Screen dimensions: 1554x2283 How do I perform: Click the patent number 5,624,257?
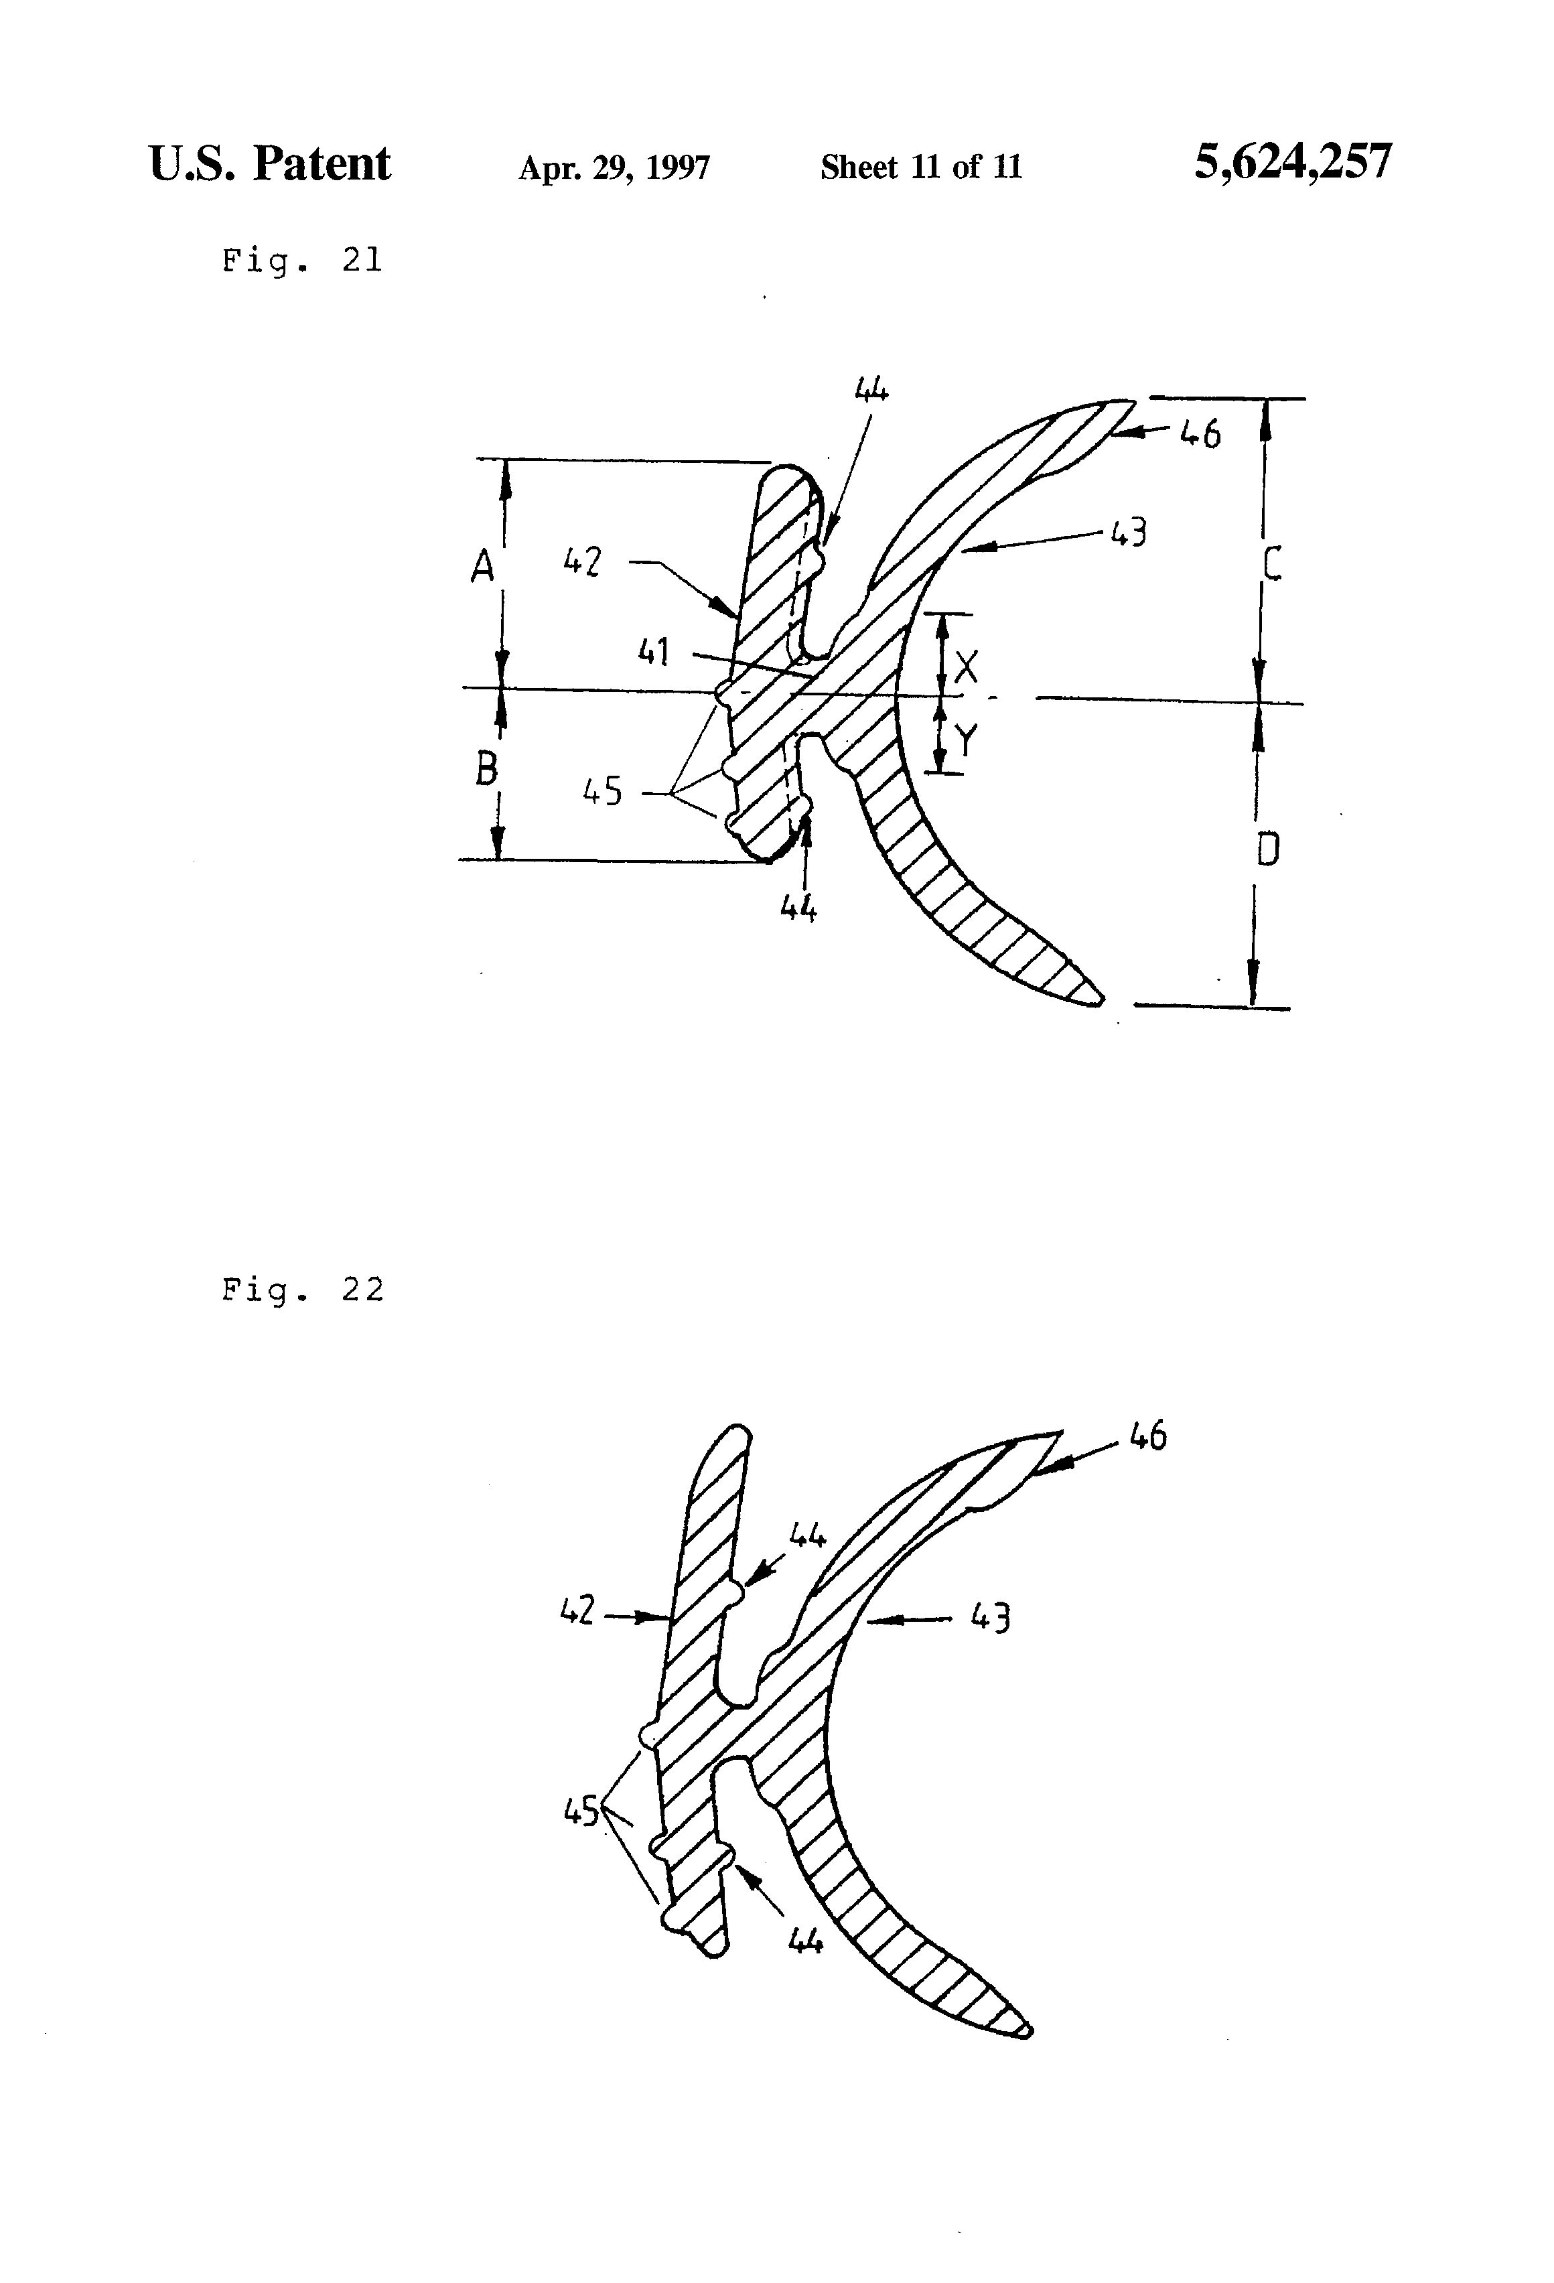coord(1293,162)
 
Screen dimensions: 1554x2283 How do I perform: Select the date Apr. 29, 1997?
coord(614,168)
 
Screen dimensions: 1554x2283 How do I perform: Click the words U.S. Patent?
coord(270,164)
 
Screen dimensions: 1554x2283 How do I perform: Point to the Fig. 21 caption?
coord(301,261)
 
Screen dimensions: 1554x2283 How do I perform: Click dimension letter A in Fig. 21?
coord(482,567)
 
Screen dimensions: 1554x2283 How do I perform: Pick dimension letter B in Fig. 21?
coord(485,768)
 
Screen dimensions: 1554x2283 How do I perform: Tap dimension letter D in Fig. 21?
coord(1268,849)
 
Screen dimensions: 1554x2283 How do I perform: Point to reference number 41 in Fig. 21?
coord(653,651)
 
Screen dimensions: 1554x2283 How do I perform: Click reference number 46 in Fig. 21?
coord(1200,433)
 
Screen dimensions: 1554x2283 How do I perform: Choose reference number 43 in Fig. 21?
coord(1129,533)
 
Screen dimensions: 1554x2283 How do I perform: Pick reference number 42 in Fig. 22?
coord(577,1611)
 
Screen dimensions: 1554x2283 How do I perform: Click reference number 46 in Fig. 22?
coord(1147,1437)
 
